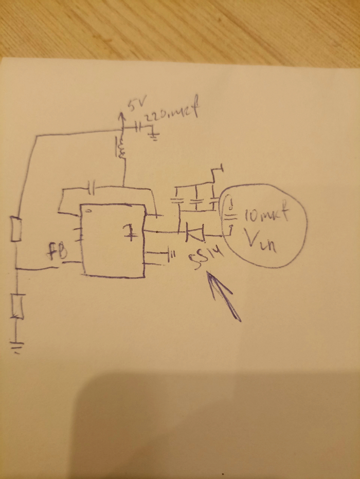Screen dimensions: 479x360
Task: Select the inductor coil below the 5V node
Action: click(x=122, y=149)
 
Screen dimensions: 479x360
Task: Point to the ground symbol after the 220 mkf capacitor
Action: click(x=153, y=135)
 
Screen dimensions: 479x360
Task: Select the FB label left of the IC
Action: click(x=58, y=253)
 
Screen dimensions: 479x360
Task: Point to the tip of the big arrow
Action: click(x=208, y=274)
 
